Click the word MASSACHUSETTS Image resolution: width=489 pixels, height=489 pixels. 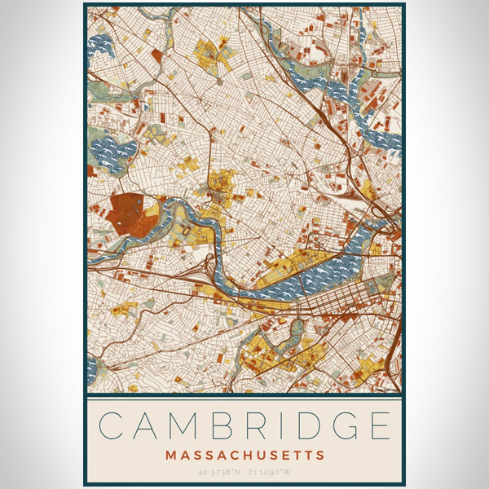[x=244, y=455]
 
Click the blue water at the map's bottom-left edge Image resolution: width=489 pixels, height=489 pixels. [x=91, y=371]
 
